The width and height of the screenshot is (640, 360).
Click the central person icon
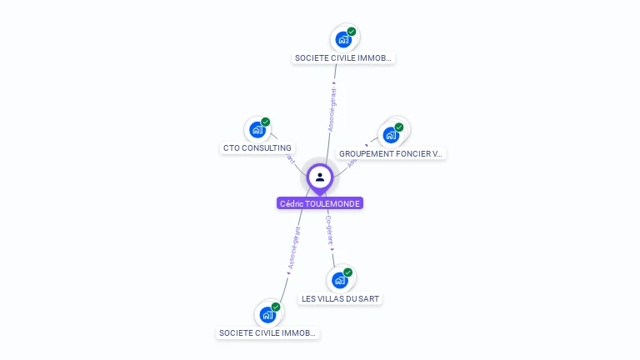pyautogui.click(x=320, y=177)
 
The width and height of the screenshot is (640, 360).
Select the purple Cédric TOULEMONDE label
pyautogui.click(x=320, y=203)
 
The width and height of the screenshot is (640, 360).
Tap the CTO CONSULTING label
pyautogui.click(x=257, y=148)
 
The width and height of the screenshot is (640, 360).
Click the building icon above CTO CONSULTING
pyautogui.click(x=257, y=130)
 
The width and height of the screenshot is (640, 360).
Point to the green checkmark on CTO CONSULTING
pyautogui.click(x=266, y=122)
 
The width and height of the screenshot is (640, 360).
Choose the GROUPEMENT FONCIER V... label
pyautogui.click(x=391, y=153)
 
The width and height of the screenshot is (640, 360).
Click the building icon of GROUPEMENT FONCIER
pyautogui.click(x=390, y=135)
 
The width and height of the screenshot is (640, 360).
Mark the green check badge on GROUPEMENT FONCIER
pyautogui.click(x=399, y=127)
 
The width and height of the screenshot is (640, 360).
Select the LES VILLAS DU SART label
pyautogui.click(x=342, y=298)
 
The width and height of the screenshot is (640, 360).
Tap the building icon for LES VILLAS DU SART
pyautogui.click(x=339, y=280)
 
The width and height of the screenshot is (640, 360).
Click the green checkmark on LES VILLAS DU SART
pyautogui.click(x=348, y=272)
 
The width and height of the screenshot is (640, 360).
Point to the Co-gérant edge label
pyautogui.click(x=329, y=229)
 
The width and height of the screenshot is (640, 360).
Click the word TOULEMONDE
pyautogui.click(x=336, y=203)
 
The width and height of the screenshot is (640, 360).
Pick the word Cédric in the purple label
pyautogui.click(x=292, y=203)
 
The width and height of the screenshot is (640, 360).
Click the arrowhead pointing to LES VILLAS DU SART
pyautogui.click(x=332, y=250)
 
